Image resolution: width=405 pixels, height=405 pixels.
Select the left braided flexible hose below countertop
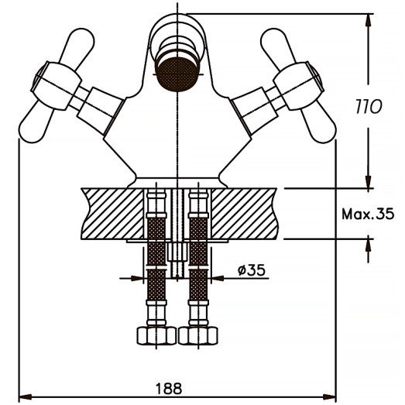156,263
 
